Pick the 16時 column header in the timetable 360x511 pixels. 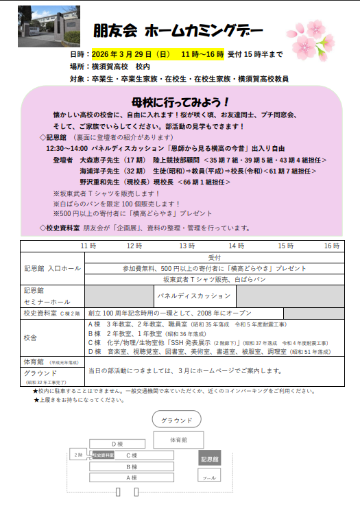click(332, 246)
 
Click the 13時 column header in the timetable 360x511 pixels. click(187, 246)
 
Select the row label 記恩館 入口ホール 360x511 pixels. click(52, 268)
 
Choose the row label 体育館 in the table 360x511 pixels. click(34, 361)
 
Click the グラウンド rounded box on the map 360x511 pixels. click(176, 420)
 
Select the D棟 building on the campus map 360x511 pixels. click(118, 444)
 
